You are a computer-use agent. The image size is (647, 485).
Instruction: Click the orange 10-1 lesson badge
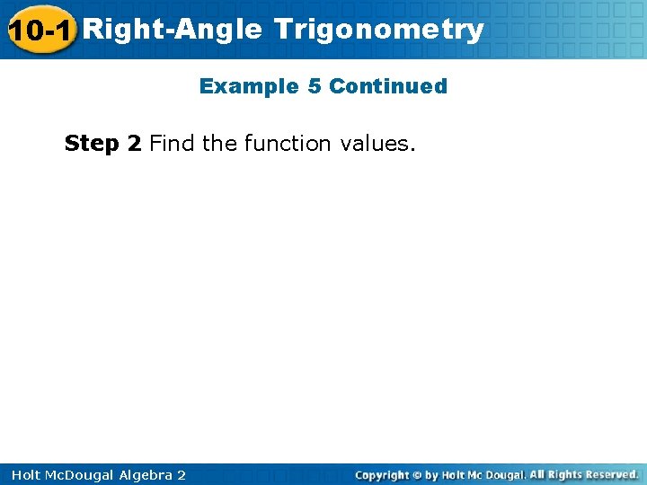click(x=40, y=31)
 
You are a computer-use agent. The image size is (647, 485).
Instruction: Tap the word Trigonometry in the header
click(x=379, y=30)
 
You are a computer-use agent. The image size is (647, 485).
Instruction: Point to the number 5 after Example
click(x=314, y=86)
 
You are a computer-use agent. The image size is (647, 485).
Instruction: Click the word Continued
click(x=388, y=86)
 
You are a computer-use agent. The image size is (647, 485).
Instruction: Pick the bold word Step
click(x=90, y=143)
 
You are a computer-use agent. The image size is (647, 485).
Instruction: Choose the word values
click(x=378, y=143)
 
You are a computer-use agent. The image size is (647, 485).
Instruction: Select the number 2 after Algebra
click(x=182, y=475)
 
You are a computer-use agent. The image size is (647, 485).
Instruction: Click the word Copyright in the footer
click(x=381, y=475)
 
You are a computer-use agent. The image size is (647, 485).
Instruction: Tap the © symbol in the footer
click(x=417, y=475)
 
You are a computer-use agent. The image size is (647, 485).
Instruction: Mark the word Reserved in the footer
click(x=609, y=474)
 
